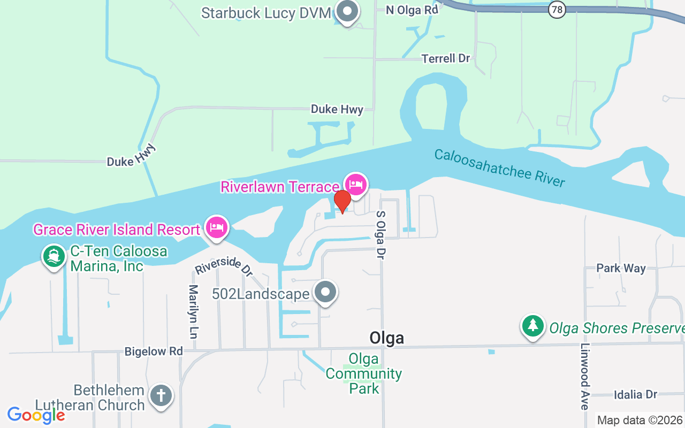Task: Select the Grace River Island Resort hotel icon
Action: click(x=217, y=228)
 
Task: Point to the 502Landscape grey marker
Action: click(x=325, y=293)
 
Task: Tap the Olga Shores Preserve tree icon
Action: click(x=532, y=326)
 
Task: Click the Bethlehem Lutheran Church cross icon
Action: click(x=161, y=396)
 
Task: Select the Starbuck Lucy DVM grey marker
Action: click(x=348, y=11)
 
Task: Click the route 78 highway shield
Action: click(x=557, y=9)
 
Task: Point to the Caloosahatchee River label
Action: click(x=499, y=168)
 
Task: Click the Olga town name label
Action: click(x=386, y=338)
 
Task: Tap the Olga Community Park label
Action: click(x=364, y=373)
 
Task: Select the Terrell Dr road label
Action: click(x=445, y=58)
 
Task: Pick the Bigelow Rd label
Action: click(x=154, y=351)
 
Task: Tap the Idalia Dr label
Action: click(x=635, y=395)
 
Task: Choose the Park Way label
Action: click(x=621, y=268)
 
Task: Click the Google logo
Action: click(x=36, y=415)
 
